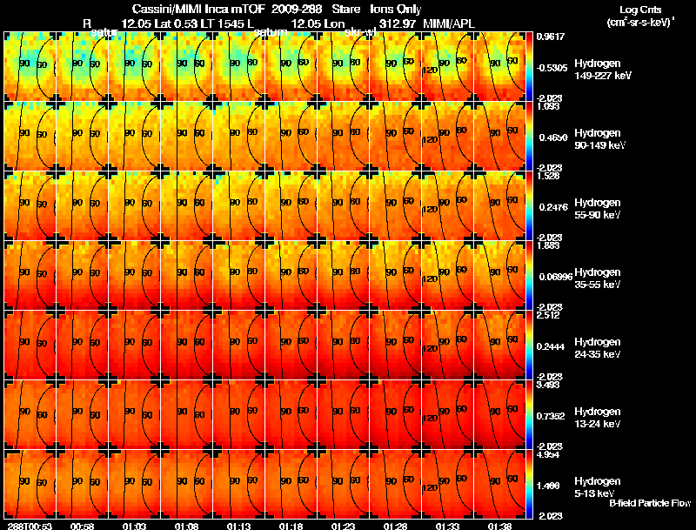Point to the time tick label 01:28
click(395, 526)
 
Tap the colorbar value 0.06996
click(550, 276)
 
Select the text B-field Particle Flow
click(649, 503)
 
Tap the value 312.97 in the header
click(397, 23)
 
